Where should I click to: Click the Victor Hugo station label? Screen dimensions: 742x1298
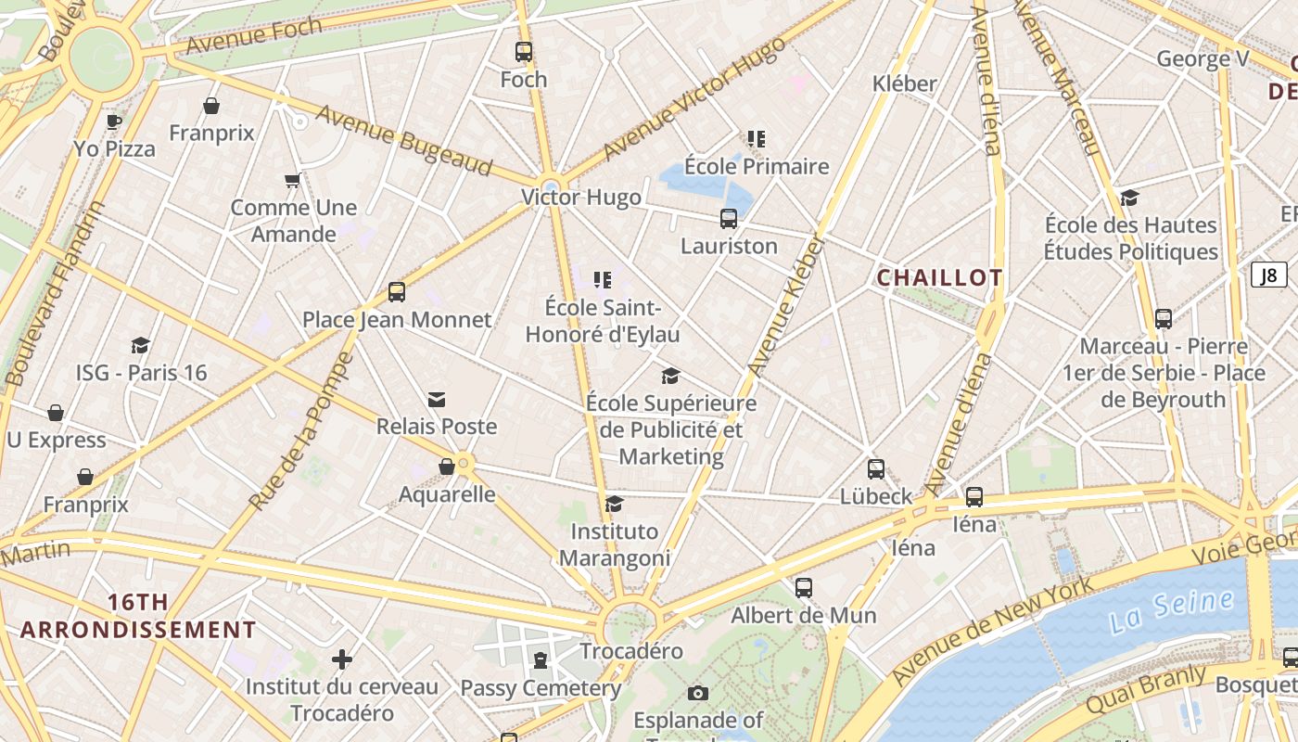pyautogui.click(x=580, y=198)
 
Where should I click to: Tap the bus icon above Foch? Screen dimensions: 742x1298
pyautogui.click(x=524, y=52)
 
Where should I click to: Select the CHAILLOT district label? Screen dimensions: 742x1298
pyautogui.click(x=939, y=277)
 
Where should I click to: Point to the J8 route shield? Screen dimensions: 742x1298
pyautogui.click(x=1268, y=275)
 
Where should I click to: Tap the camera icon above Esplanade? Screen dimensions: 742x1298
pyautogui.click(x=698, y=693)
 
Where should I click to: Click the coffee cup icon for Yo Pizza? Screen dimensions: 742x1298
pyautogui.click(x=114, y=122)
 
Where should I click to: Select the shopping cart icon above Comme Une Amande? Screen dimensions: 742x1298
pyautogui.click(x=293, y=180)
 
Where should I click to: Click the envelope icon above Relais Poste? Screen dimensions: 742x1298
pyautogui.click(x=437, y=400)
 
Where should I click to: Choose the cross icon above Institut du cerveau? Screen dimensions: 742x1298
pyautogui.click(x=342, y=659)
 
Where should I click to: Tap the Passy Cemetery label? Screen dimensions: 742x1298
pyautogui.click(x=541, y=688)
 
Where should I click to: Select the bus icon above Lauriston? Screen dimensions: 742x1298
pyautogui.click(x=729, y=219)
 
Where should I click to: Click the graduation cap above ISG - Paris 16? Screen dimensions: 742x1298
pyautogui.click(x=141, y=346)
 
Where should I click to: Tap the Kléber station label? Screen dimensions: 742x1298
pyautogui.click(x=904, y=83)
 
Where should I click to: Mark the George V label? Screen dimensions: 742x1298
pyautogui.click(x=1203, y=59)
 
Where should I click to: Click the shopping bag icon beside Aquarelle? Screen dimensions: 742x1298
pyautogui.click(x=447, y=467)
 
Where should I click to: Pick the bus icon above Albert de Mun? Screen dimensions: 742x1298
pyautogui.click(x=804, y=588)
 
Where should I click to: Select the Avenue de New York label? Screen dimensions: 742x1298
pyautogui.click(x=992, y=631)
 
